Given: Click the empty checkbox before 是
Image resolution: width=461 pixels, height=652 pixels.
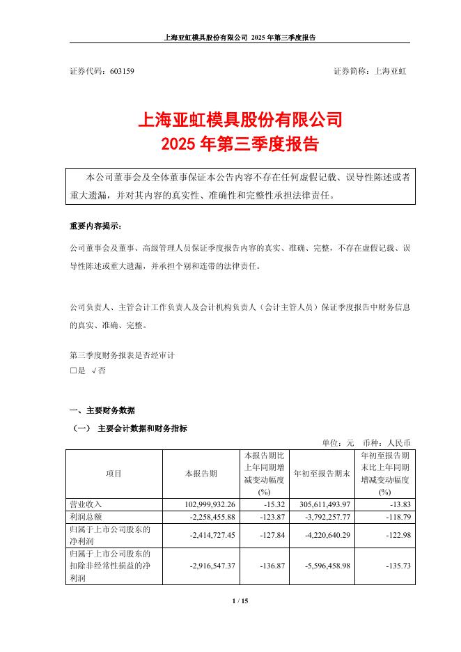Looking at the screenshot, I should tap(74, 371).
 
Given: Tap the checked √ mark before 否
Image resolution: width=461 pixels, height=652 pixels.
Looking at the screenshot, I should tap(93, 371).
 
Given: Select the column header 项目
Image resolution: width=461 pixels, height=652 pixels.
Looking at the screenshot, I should tap(114, 474).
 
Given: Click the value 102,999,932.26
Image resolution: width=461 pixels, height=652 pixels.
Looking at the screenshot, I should tap(201, 504).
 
